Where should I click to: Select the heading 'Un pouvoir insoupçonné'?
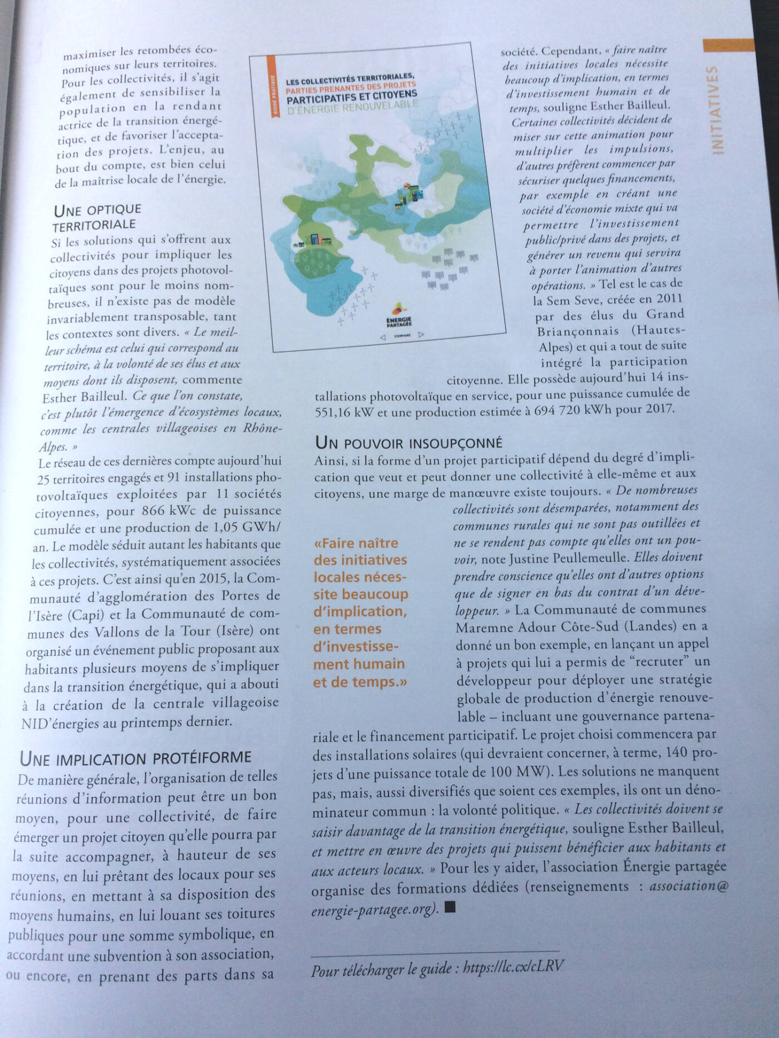click(x=408, y=442)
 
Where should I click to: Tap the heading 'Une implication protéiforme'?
click(x=135, y=757)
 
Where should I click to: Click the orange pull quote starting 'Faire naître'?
click(x=361, y=612)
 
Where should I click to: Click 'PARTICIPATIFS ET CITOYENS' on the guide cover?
click(x=352, y=96)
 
